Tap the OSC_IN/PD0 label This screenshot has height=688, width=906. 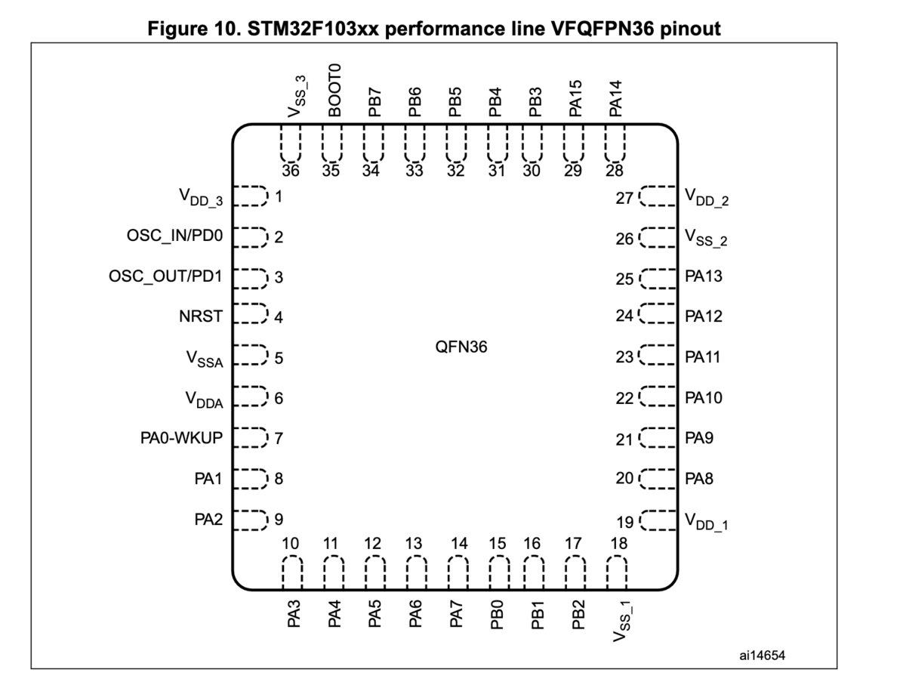click(175, 236)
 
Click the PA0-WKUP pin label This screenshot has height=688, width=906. click(181, 437)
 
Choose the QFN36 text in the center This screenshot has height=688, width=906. click(461, 348)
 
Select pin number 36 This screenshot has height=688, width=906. click(291, 170)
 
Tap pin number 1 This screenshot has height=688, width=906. click(279, 197)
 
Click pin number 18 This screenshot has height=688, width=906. click(618, 543)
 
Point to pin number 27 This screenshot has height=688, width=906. click(625, 197)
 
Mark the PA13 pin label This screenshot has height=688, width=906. click(704, 276)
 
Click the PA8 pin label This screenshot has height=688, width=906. click(699, 478)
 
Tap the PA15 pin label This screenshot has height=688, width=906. click(576, 97)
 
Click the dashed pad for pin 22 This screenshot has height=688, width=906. click(658, 397)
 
